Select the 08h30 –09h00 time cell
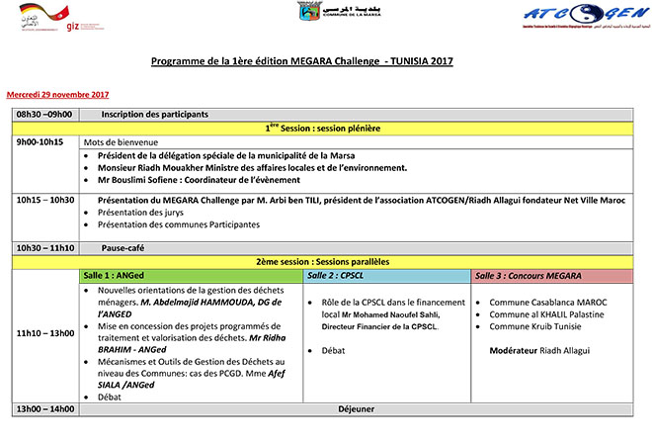(43, 115)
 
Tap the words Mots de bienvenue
(120, 141)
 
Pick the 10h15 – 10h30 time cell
(45, 201)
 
